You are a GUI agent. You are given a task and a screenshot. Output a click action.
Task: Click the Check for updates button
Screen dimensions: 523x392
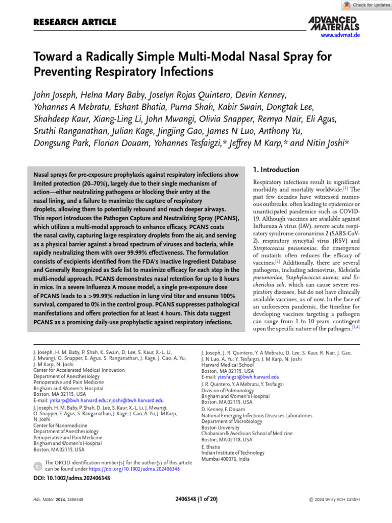367,5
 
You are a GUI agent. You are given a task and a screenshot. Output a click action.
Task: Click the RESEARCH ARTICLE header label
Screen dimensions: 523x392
75,22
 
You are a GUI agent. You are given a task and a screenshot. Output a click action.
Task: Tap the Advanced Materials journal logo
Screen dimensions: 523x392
334,22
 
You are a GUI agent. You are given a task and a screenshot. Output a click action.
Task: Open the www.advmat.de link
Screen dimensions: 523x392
340,35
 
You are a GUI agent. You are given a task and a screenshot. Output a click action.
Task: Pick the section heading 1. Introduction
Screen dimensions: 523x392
276,170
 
